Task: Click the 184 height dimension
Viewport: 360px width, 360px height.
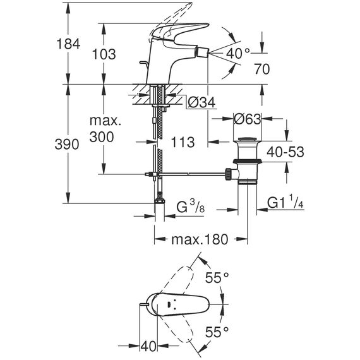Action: (x=68, y=44)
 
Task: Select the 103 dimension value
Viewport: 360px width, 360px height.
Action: (x=104, y=54)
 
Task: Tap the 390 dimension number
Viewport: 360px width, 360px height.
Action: (x=67, y=145)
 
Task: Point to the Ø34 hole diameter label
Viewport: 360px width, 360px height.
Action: (x=201, y=102)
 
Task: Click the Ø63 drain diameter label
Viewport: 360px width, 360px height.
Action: (x=248, y=119)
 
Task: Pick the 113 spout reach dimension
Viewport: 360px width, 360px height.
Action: (x=183, y=142)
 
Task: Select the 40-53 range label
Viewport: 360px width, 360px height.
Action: (x=285, y=152)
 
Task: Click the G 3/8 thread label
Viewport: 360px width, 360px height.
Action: (x=190, y=206)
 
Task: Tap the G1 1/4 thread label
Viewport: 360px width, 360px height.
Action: (x=285, y=202)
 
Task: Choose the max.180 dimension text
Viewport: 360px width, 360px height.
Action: (x=200, y=239)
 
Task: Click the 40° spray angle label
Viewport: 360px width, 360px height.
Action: (x=237, y=54)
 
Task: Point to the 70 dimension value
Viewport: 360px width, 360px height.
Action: (x=261, y=69)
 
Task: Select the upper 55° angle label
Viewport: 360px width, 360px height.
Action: (x=217, y=278)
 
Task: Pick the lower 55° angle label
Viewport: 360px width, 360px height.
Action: (x=217, y=332)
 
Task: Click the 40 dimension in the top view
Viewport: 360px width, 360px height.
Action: (x=148, y=346)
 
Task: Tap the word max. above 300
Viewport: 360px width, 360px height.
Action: (x=105, y=121)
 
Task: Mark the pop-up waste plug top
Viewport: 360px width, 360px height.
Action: (x=248, y=139)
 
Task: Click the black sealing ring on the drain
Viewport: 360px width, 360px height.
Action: (x=248, y=161)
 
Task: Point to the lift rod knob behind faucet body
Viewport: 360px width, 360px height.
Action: (x=143, y=63)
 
